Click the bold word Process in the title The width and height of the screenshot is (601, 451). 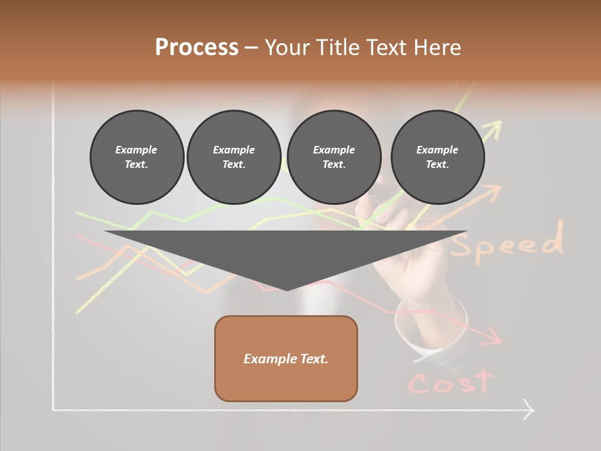click(197, 48)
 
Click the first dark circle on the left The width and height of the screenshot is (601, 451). click(136, 157)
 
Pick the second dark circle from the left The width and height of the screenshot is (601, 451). click(234, 157)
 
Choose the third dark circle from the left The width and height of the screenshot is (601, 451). click(334, 157)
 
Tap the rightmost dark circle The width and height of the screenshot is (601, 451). click(437, 157)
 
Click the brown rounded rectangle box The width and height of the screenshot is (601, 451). click(286, 358)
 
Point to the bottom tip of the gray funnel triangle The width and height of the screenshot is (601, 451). click(287, 289)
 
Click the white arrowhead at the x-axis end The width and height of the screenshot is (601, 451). click(529, 410)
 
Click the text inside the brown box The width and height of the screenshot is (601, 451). click(286, 359)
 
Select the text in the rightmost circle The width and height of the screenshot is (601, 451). click(437, 157)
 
